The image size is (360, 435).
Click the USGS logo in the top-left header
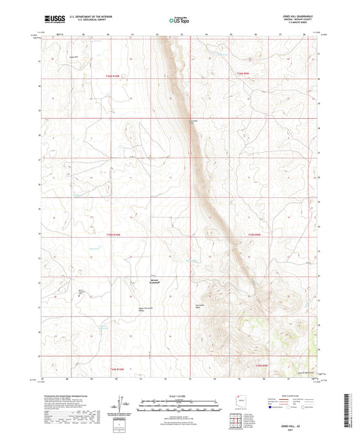click(x=51, y=20)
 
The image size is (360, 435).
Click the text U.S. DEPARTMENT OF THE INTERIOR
click(x=88, y=18)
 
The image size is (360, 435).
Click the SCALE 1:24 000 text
click(x=179, y=396)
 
